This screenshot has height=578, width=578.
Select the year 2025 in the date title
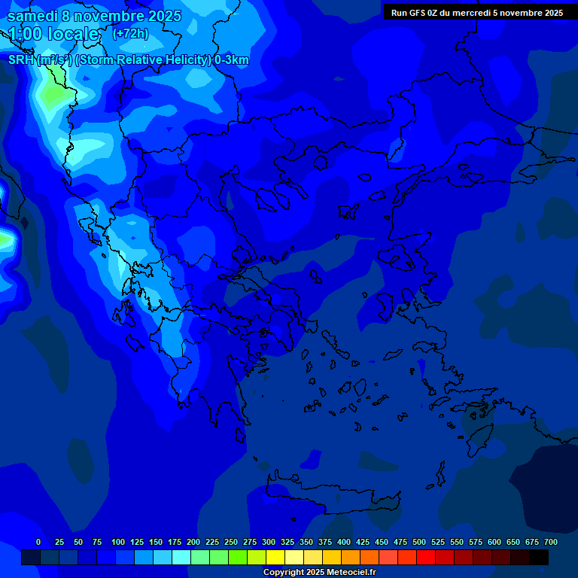pyautogui.click(x=159, y=16)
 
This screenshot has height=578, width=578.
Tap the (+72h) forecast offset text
pyautogui.click(x=130, y=34)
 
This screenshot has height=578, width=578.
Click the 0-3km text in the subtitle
pyautogui.click(x=231, y=60)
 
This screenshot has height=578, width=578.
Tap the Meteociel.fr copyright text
pyautogui.click(x=319, y=573)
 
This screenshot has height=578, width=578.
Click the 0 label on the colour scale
pyautogui.click(x=38, y=542)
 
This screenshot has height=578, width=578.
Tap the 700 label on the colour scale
pyautogui.click(x=551, y=542)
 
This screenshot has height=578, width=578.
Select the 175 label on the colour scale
pyautogui.click(x=175, y=542)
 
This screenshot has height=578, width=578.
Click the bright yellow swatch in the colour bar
pyautogui.click(x=275, y=557)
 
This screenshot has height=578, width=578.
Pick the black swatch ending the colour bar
pyautogui.click(x=539, y=557)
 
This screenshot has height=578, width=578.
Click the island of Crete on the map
pyautogui.click(x=331, y=493)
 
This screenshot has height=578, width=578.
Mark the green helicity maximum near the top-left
pyautogui.click(x=53, y=94)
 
